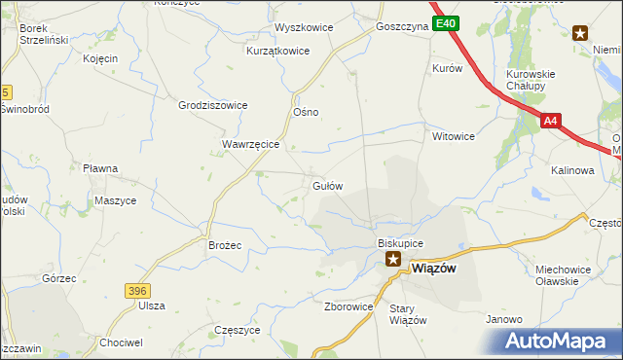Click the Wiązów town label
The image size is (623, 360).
[x=429, y=269]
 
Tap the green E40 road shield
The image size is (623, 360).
[x=446, y=23]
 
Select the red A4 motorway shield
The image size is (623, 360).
[x=552, y=122]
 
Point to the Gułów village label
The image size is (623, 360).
[x=326, y=185]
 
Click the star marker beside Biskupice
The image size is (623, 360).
[x=393, y=259]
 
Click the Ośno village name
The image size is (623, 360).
[x=306, y=112]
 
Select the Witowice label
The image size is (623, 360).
[x=454, y=137]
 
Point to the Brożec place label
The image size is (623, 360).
[x=225, y=245]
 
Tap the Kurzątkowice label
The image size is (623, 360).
[x=277, y=51]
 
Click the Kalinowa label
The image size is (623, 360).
[x=572, y=170]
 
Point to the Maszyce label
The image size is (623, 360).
[x=116, y=200]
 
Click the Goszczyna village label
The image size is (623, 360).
[x=402, y=28]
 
